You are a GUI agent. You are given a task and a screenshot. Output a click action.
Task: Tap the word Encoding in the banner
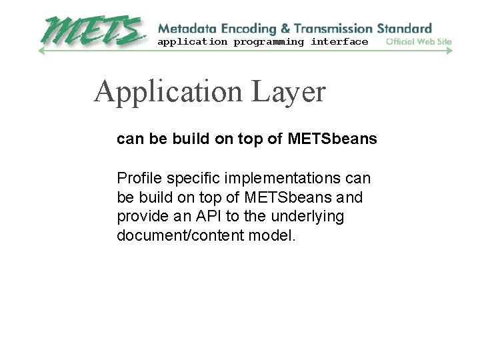pos(245,29)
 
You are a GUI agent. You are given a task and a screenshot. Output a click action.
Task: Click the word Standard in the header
pos(405,29)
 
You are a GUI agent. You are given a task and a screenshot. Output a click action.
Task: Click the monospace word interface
pos(339,42)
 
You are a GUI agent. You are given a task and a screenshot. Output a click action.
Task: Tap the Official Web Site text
pos(419,42)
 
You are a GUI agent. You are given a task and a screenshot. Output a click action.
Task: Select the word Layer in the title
pos(289,92)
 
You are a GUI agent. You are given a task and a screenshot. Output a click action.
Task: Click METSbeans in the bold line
pos(333,139)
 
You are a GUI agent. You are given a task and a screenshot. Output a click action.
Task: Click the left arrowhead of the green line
pos(41,51)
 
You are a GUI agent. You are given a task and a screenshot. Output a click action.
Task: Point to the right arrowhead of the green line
pos(450,51)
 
